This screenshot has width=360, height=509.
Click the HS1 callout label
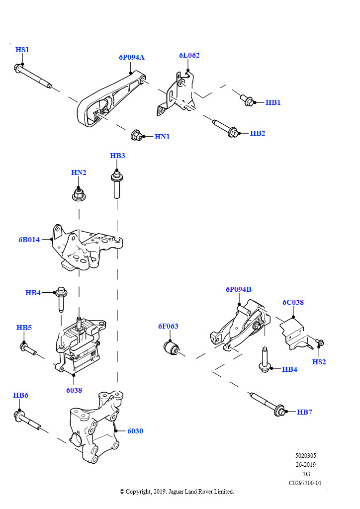tap(22, 50)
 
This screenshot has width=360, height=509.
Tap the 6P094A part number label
tap(131, 57)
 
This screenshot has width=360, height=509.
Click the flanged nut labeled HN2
tap(79, 194)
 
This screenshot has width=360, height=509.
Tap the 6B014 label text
tap(29, 240)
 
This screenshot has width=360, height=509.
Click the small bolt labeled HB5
tap(29, 349)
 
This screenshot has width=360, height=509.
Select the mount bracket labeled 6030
tap(94, 427)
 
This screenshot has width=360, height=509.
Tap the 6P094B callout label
tap(238, 289)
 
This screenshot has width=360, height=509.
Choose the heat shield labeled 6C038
tap(293, 333)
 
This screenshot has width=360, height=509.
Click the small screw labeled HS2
tap(320, 343)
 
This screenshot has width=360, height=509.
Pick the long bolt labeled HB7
tap(269, 404)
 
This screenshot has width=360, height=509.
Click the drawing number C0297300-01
tap(305, 483)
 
